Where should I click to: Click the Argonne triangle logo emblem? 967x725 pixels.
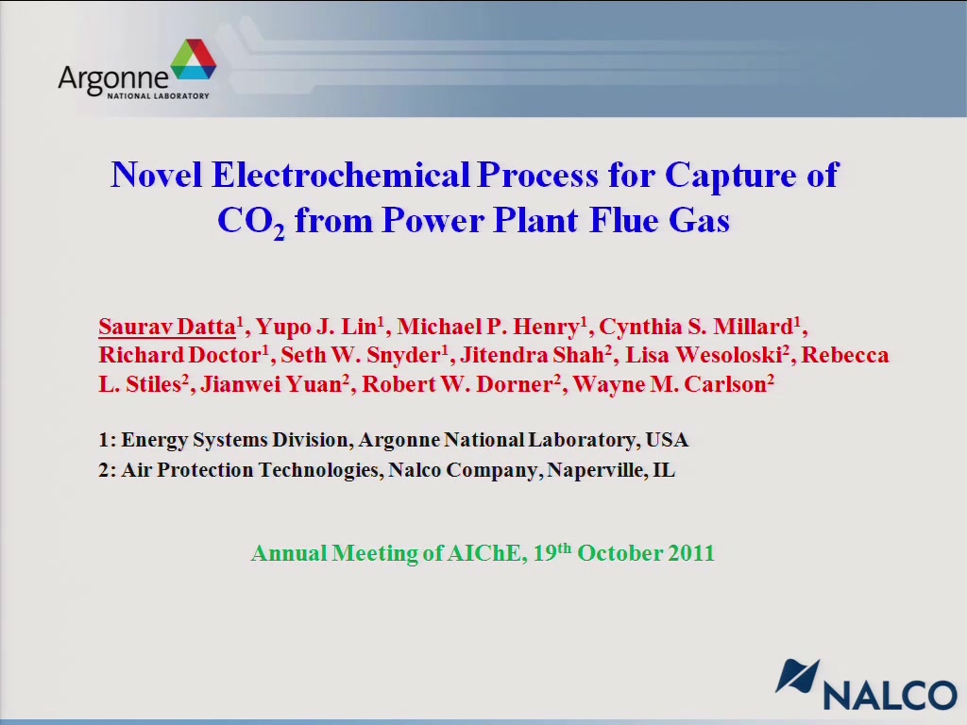coord(194,59)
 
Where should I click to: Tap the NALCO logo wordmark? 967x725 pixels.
coord(891,696)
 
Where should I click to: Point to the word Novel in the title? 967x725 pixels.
coord(157,175)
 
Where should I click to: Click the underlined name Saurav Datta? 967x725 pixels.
coord(167,326)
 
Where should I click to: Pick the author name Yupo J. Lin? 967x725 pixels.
coord(315,326)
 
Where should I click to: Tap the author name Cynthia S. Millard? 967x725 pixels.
coord(696,326)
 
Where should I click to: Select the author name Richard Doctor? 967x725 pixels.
coord(179,355)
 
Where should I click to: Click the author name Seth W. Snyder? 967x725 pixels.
coord(361,355)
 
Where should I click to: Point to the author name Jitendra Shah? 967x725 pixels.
coord(532,355)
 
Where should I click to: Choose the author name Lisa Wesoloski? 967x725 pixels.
coord(704,355)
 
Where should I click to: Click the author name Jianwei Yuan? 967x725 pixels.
coord(271,384)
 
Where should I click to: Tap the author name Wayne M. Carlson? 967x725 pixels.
coord(670,384)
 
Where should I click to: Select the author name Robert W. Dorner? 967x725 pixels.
coord(457,384)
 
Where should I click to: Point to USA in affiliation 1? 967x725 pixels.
coord(667,440)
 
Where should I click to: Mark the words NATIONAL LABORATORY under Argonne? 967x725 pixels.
coord(158,95)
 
